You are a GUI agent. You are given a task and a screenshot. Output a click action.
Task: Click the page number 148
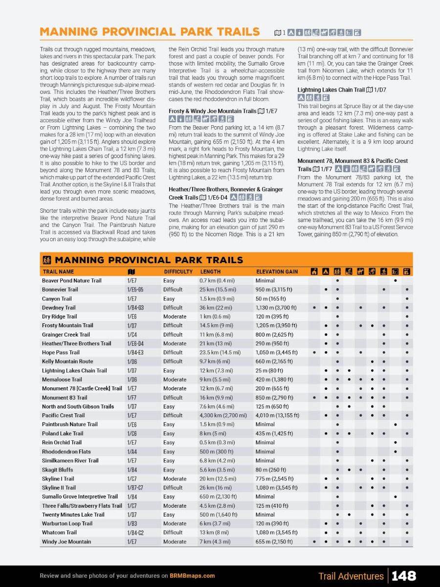[x=404, y=576]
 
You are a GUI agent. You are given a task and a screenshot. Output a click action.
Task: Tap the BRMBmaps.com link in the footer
[x=192, y=576]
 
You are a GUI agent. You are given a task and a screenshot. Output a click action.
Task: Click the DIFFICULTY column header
[x=177, y=271]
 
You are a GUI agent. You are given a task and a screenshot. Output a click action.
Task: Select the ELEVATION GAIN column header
[x=277, y=271]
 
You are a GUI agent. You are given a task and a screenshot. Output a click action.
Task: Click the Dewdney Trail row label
[x=59, y=308]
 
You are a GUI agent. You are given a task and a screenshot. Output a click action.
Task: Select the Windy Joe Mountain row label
[x=66, y=542]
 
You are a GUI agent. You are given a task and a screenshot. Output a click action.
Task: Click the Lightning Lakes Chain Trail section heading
[x=331, y=90]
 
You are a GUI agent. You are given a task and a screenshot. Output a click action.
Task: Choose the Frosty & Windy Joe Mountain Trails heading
[x=212, y=111]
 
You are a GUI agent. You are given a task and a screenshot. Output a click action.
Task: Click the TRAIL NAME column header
[x=58, y=271]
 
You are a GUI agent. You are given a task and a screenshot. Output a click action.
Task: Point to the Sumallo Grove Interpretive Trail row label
[x=80, y=497]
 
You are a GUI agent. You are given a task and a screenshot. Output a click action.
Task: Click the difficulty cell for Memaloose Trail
[x=175, y=380]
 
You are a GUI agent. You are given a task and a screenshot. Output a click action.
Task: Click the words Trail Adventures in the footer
[x=351, y=576]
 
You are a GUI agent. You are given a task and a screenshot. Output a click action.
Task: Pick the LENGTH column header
[x=210, y=271]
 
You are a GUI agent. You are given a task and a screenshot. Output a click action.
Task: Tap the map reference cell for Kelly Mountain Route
[x=132, y=361]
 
